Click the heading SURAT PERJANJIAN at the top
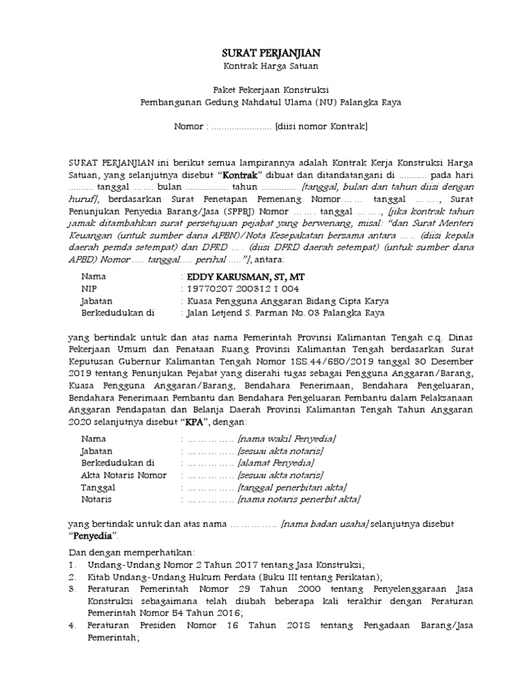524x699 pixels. coord(272,53)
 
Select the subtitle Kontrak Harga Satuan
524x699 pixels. coord(272,66)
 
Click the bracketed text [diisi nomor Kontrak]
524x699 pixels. coord(321,126)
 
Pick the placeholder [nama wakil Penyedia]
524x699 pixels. coord(287,439)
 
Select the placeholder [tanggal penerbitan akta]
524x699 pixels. coord(292,487)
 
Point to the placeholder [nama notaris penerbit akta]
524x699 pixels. coord(298,500)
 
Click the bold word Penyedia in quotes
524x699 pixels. coord(93,536)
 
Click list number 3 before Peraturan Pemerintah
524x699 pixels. coord(72,588)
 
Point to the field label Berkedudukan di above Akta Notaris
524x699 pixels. coord(118,463)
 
